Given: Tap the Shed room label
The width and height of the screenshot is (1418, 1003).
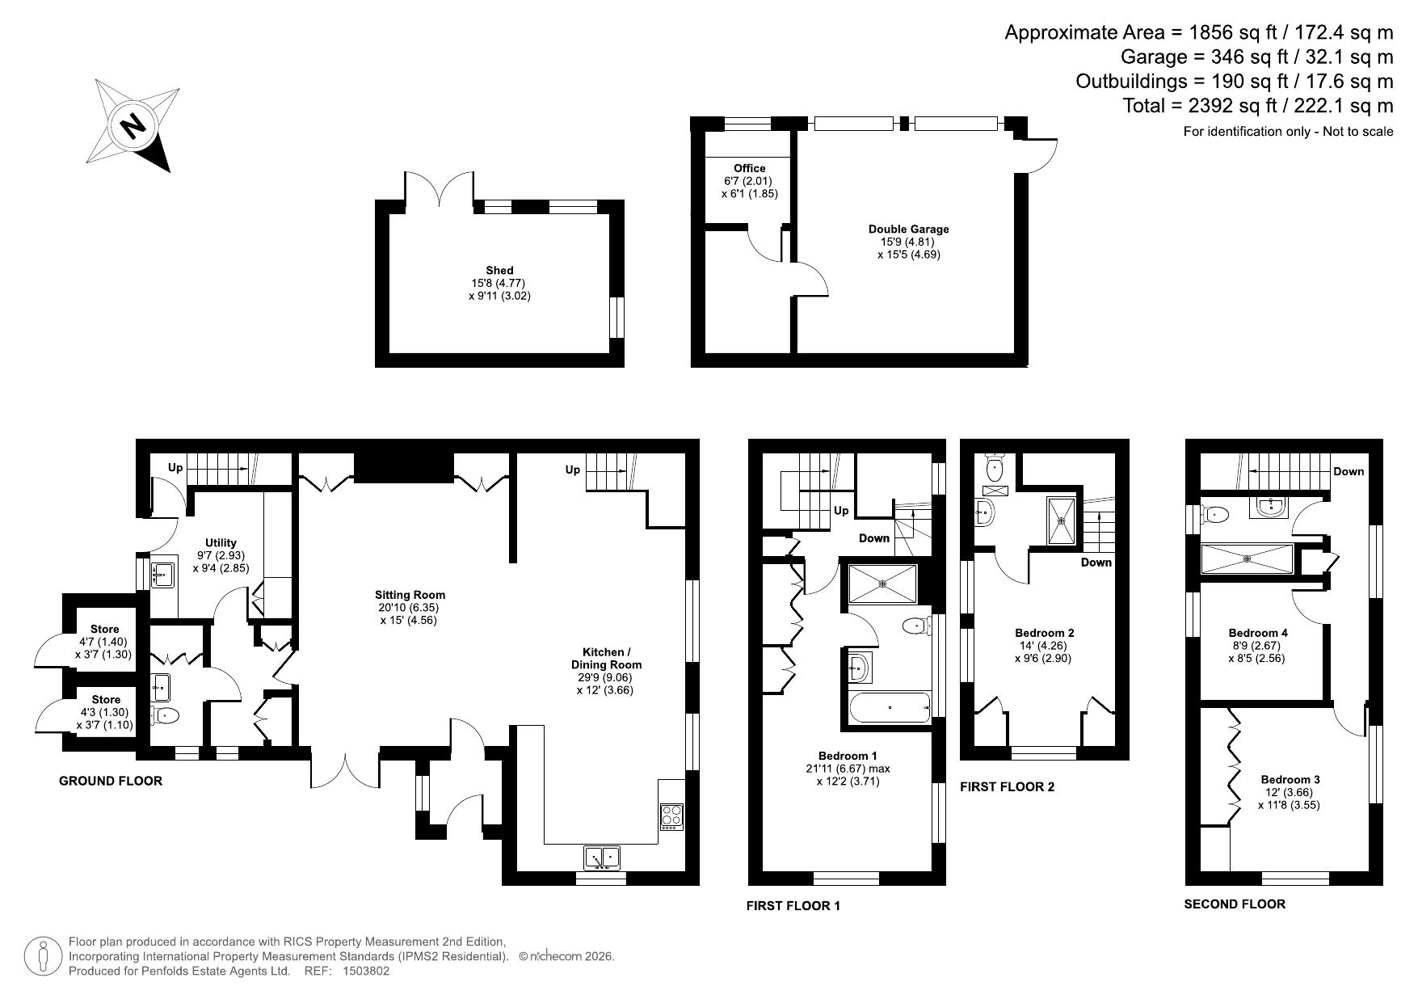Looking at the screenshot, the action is (x=499, y=271).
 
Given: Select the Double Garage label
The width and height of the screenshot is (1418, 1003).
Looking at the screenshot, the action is (x=909, y=230).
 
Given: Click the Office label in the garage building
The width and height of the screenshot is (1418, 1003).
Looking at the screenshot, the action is (x=750, y=169).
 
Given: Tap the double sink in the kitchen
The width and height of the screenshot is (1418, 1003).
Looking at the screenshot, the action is (x=600, y=857).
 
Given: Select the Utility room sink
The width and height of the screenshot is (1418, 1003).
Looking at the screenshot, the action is (x=164, y=575).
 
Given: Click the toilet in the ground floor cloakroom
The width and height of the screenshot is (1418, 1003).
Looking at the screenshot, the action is (x=165, y=714).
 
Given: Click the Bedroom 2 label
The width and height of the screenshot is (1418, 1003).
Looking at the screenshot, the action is (x=1044, y=633).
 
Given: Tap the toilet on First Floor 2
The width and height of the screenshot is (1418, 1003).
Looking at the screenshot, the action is (x=995, y=467).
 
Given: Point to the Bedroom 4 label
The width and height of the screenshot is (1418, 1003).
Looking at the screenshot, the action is (x=1258, y=633).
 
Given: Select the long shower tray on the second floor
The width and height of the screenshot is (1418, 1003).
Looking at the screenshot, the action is (x=1247, y=558).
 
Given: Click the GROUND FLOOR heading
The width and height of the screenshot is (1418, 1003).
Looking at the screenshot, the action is (x=111, y=781).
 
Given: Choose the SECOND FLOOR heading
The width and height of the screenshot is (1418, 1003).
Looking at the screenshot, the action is (x=1235, y=904).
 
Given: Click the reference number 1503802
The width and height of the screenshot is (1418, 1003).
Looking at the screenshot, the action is (x=366, y=971).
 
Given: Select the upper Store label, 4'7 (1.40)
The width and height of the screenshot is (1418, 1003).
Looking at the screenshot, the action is (x=105, y=630).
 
